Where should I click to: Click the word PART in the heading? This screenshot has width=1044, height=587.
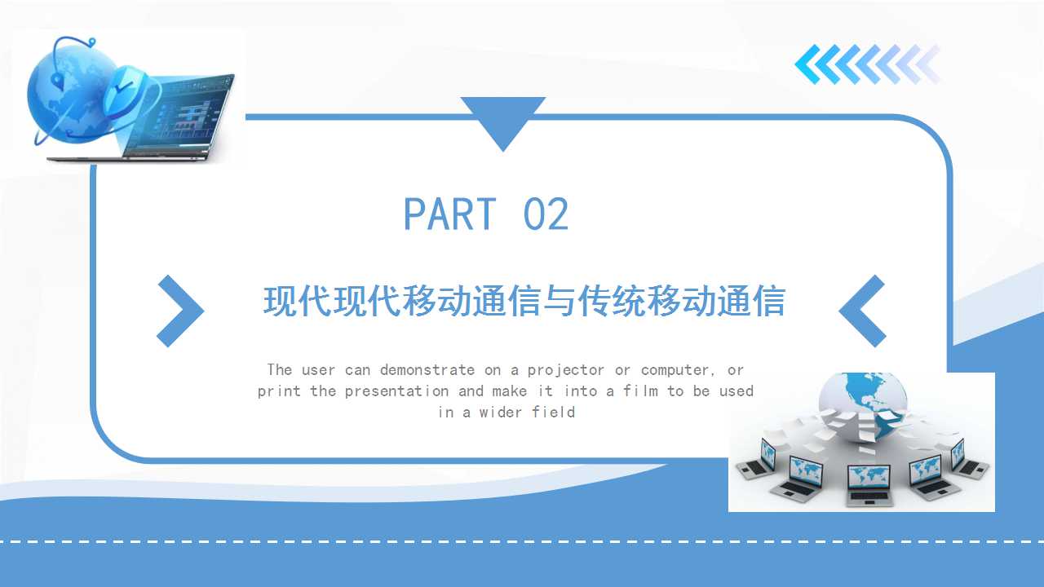point(449,214)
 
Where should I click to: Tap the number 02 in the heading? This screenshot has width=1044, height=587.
point(546,214)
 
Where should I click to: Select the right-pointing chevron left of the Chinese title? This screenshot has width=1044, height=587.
point(180,311)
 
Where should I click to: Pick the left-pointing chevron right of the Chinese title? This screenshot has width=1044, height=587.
point(862,311)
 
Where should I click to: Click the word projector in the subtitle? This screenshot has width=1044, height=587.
point(566,370)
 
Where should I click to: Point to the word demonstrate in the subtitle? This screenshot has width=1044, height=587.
point(427,370)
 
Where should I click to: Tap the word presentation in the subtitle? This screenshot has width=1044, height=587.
point(396,391)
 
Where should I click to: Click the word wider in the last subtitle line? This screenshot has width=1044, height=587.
point(501,413)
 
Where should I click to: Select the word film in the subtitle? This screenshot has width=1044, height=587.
point(640,391)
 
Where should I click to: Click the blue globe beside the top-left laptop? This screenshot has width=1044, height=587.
point(70,95)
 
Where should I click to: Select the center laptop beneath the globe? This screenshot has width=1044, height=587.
point(869,484)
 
